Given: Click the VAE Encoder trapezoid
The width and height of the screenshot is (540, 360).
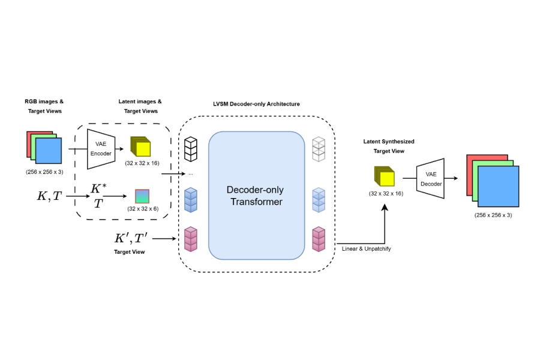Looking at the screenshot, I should coord(101,149).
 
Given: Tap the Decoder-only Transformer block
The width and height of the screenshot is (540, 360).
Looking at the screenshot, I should coord(256,196).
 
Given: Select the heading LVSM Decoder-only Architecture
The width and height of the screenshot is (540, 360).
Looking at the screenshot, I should coord(256,104).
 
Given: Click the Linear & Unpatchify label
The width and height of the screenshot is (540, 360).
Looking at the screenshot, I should coord(367,248).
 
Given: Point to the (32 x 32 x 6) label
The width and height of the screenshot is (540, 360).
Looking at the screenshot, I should coord(143,208).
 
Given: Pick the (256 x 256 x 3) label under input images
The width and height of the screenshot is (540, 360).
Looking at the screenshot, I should coord(44,172).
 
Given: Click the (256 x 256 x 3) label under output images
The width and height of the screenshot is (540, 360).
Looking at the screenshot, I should coord(493,214).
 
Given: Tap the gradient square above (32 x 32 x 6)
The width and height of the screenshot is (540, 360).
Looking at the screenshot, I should coord(142,196).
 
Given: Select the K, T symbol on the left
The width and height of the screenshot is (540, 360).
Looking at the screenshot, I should coord(50,195).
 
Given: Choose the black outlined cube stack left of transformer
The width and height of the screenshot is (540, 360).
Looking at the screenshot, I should coord(191,149).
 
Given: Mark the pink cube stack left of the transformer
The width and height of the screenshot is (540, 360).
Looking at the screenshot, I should coord(191,239).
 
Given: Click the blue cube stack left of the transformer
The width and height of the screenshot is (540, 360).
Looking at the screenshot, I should coord(191,199).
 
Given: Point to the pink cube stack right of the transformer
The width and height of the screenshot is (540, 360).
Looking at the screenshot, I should coord(319,239).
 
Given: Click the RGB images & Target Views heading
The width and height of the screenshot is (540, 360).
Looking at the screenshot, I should coord(44,106).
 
